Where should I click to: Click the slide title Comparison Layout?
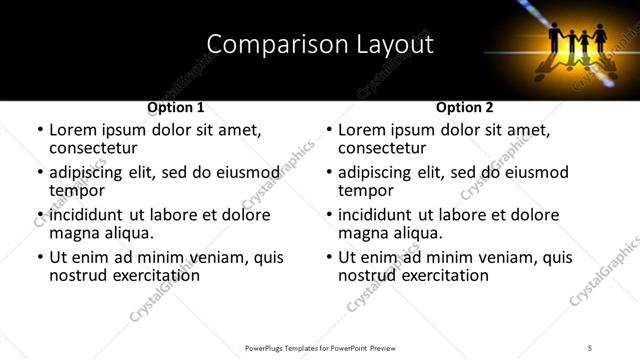pos(319,45)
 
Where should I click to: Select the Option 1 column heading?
pos(175,107)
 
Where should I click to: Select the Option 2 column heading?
pos(464,107)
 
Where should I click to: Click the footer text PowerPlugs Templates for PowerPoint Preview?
pos(319,347)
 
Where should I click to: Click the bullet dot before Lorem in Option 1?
pos(40,131)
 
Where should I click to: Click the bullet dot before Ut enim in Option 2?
pos(329,258)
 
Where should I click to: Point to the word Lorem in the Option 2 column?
pos(363,130)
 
